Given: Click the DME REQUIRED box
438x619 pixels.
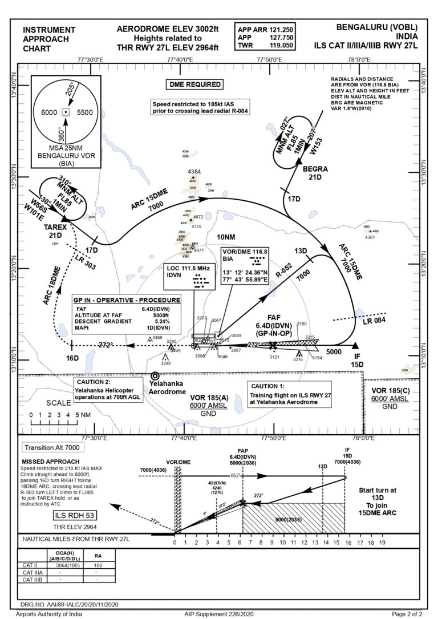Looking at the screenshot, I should (195, 84).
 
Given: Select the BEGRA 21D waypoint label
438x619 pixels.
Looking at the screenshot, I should (315, 173).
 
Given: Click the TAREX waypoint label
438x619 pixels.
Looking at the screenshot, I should (56, 226).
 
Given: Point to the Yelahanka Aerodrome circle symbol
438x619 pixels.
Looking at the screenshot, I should (155, 377).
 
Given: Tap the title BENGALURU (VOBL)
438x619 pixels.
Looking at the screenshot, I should (377, 27).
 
